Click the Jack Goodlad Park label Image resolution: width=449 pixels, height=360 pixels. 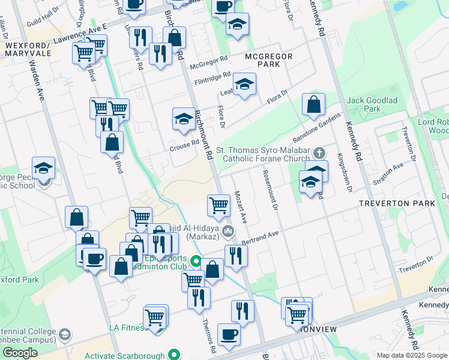pos(372,104)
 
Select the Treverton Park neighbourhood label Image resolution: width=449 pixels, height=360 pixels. pos(397,203)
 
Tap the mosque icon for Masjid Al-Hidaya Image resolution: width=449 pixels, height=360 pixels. pos(228,231)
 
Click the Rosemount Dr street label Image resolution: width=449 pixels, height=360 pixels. pos(270,190)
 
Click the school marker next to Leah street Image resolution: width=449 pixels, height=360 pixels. pos(244,84)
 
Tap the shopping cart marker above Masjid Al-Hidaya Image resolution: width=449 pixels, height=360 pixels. pos(219,205)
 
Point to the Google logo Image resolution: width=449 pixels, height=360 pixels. pos(20,353)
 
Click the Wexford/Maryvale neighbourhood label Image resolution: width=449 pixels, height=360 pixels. pos(26,50)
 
